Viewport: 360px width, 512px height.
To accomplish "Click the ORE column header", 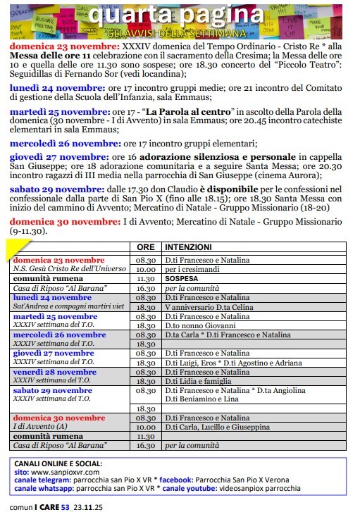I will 146,248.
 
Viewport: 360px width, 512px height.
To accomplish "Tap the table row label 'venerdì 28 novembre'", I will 54,371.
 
